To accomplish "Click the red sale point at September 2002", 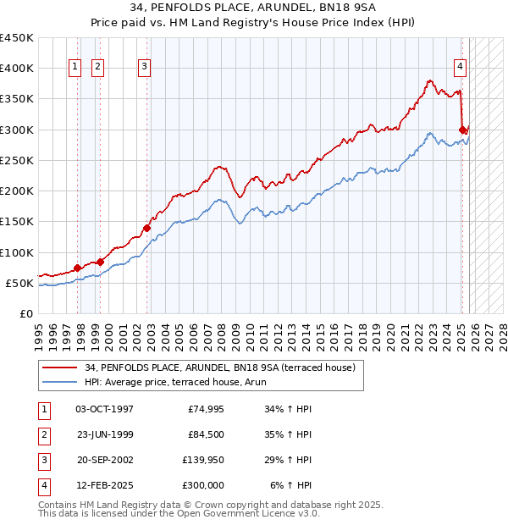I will click(146, 227).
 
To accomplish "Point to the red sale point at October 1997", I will click(77, 268).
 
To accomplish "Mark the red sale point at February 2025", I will click(463, 130).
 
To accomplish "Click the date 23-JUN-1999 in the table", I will click(104, 435).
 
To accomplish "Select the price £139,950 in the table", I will click(203, 461).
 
